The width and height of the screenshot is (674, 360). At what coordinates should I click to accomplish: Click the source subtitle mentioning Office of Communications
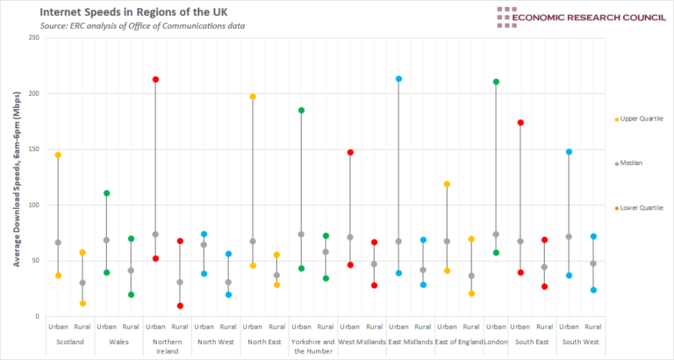[143, 26]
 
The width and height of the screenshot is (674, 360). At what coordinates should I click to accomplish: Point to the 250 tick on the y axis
[32, 38]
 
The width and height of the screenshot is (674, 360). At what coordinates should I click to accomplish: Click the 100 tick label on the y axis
[32, 205]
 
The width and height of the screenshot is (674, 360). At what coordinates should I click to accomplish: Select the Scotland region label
[70, 342]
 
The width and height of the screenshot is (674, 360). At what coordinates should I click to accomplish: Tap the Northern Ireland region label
[168, 345]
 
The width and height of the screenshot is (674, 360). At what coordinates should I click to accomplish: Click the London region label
[496, 342]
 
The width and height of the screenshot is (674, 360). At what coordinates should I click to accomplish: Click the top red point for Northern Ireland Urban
[155, 80]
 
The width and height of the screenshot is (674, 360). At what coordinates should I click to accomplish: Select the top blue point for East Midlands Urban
[398, 79]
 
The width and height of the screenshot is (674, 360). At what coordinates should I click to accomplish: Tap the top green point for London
[496, 82]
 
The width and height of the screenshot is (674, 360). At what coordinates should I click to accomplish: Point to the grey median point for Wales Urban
[106, 240]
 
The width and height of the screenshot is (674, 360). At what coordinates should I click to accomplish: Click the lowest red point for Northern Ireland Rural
[180, 306]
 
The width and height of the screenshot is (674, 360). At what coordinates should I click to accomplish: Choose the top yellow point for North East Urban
[253, 97]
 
